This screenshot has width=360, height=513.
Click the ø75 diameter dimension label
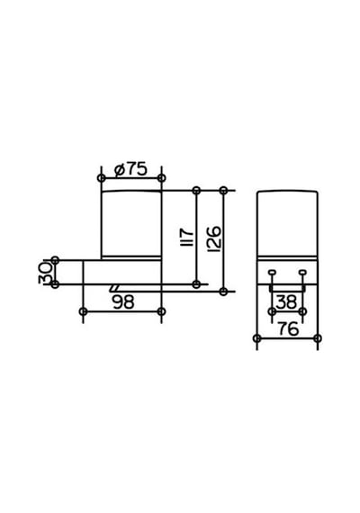(x=130, y=169)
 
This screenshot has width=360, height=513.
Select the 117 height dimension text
(x=187, y=238)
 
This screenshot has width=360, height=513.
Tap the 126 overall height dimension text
(x=214, y=238)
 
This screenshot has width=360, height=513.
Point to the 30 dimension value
(x=45, y=273)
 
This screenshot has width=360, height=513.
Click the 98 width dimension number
(x=123, y=302)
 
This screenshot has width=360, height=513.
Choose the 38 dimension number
(x=287, y=302)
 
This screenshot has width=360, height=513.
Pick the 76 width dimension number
(x=288, y=328)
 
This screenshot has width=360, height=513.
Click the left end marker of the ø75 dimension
(x=102, y=178)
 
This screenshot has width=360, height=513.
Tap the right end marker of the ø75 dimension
(x=161, y=178)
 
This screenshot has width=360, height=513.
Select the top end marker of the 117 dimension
(x=196, y=190)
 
